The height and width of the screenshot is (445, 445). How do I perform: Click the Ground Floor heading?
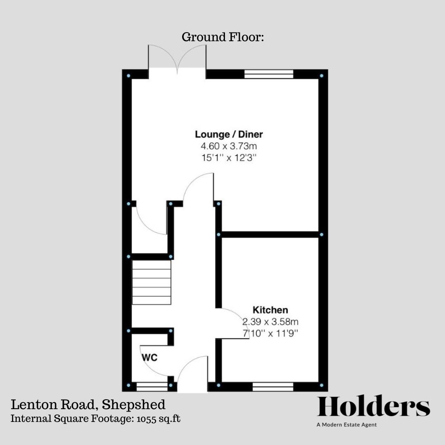click(x=222, y=37)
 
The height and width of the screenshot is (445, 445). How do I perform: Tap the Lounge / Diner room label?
click(x=229, y=134)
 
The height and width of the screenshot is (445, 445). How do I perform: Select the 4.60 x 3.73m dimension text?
click(x=229, y=146)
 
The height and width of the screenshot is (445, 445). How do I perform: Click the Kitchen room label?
click(x=270, y=310)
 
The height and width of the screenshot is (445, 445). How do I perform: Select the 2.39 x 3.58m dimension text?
click(x=270, y=321)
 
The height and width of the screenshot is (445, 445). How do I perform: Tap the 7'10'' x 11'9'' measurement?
click(x=270, y=333)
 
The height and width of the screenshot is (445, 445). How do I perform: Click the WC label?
click(x=150, y=357)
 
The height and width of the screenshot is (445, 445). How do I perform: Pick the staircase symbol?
click(x=151, y=282)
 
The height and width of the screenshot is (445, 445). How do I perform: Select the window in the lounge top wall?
click(x=269, y=74)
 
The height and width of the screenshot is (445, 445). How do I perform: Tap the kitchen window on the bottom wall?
click(x=272, y=386)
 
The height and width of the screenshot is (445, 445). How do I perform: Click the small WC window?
click(x=152, y=386)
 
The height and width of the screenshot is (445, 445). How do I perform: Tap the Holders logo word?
click(x=374, y=407)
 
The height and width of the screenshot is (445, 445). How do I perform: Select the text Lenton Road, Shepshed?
click(x=88, y=404)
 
